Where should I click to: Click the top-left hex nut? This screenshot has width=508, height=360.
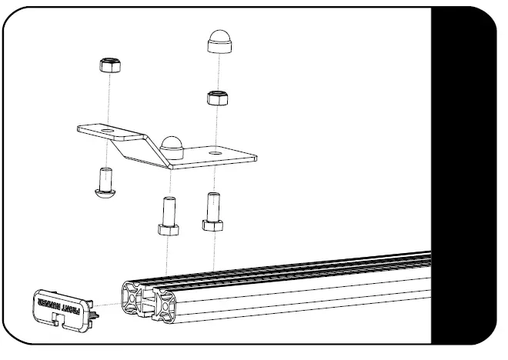109,65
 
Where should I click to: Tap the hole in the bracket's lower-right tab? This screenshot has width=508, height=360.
215,154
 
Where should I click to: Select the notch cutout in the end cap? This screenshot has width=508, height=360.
61,319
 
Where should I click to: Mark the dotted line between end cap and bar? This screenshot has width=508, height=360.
109,306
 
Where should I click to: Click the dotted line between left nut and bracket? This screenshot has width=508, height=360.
109,100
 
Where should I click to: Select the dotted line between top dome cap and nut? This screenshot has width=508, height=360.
219,72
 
